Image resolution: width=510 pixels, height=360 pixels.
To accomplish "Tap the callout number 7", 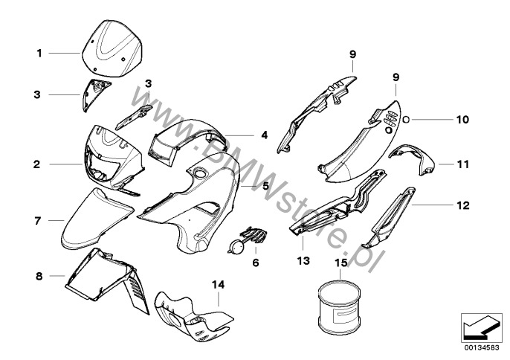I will click(36, 220).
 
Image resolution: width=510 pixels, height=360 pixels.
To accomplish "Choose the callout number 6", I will click(256, 263).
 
